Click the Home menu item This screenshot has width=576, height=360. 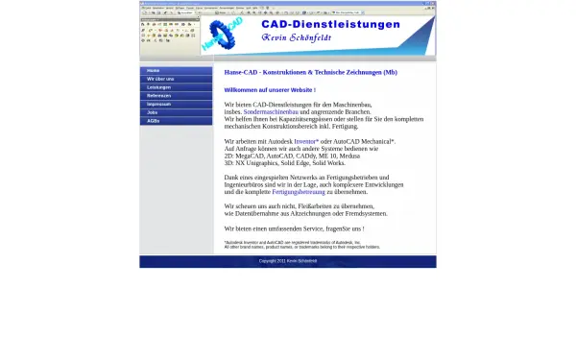pos(154,70)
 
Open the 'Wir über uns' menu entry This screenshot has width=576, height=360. pos(160,79)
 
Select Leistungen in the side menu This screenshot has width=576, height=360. pos(159,87)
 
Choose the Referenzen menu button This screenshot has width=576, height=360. pos(159,96)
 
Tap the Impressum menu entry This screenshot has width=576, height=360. pos(159,104)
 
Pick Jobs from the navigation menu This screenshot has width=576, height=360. pos(153,112)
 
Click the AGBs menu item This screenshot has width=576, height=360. pos(154,121)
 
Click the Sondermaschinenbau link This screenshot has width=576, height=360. pos(273,111)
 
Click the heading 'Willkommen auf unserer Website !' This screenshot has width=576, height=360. pos(270,89)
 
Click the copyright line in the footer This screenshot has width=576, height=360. pos(287,261)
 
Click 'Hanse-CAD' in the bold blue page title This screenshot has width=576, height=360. pos(241,72)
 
